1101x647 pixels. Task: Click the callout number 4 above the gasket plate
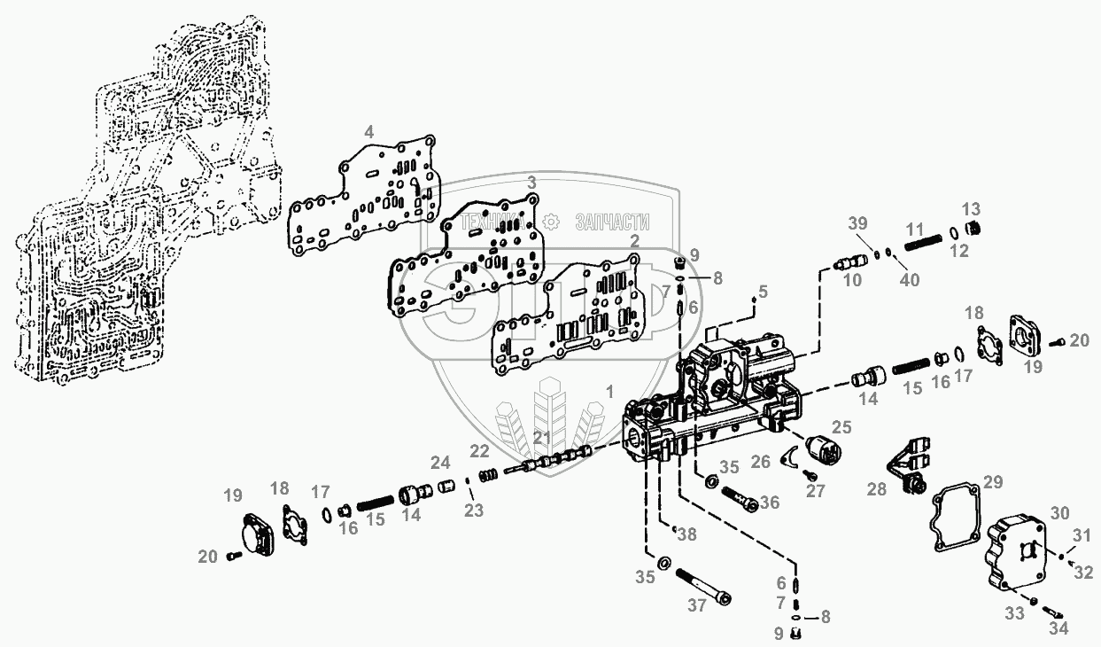tap(368, 132)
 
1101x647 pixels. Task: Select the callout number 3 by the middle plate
tap(531, 183)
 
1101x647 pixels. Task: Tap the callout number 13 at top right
tap(971, 209)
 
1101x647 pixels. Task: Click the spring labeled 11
tap(924, 243)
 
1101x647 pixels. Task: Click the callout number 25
tap(841, 427)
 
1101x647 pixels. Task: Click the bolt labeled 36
tap(740, 500)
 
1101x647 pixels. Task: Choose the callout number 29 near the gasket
tap(993, 482)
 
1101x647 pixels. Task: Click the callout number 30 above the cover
tap(1059, 513)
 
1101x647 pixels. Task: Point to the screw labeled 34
tap(1051, 612)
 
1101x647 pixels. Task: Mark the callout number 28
tap(877, 489)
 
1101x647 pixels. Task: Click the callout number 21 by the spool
tap(542, 437)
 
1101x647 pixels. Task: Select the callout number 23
tap(474, 511)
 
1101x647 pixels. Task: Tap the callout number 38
tap(687, 534)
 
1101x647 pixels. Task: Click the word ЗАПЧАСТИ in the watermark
tap(612, 222)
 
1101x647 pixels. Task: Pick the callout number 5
tap(763, 292)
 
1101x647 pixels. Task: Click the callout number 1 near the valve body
tap(609, 392)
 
